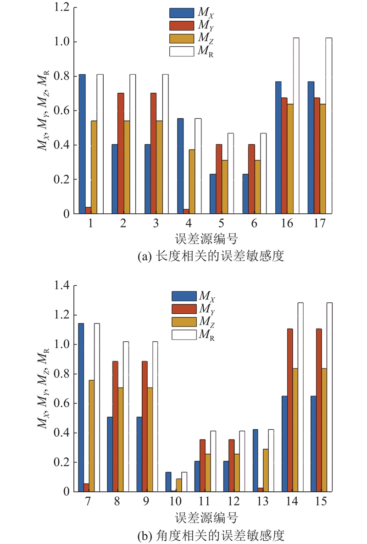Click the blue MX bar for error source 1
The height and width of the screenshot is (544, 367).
coord(82,144)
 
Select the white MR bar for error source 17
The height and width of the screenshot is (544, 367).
coord(328,126)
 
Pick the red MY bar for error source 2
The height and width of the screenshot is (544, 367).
coord(121,153)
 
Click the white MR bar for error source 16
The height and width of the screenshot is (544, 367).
coord(296,126)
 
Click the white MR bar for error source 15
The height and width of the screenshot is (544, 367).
coord(329,397)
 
